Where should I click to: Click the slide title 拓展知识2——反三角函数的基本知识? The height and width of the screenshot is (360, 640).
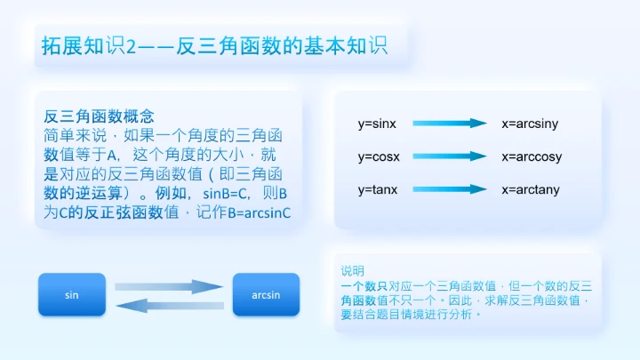[x=214, y=45]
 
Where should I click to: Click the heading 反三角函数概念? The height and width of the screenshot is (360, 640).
[x=100, y=116]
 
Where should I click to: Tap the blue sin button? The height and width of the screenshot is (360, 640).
[x=71, y=294]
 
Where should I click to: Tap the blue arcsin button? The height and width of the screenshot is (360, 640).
[x=266, y=294]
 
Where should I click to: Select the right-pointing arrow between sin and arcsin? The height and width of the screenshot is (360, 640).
[x=169, y=286]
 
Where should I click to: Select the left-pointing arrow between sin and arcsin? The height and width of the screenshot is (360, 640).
[x=169, y=305]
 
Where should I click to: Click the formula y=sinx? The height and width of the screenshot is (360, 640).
[x=378, y=124]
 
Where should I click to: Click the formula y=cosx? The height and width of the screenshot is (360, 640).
[x=380, y=156]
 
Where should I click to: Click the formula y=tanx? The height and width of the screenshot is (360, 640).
[x=379, y=189]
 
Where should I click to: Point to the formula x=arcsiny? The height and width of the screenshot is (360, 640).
[x=530, y=124]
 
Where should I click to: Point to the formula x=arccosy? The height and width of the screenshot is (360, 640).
[x=532, y=156]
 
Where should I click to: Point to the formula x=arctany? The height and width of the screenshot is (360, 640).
[x=531, y=189]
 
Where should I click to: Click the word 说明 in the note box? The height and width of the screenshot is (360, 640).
[x=352, y=270]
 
